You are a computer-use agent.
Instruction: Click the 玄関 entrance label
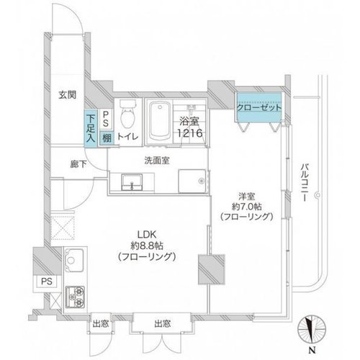[68, 95]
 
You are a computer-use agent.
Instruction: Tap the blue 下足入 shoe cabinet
[91, 128]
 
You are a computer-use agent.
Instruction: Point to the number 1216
[190, 133]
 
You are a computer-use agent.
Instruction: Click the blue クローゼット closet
[259, 107]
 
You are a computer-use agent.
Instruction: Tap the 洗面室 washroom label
[157, 161]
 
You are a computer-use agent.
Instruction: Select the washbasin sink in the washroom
[132, 182]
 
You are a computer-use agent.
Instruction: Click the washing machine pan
[192, 181]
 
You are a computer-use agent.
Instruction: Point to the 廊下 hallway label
[78, 164]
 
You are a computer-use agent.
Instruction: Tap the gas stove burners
[76, 297]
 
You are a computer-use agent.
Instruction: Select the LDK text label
[147, 233]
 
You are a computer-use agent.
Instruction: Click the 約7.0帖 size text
[247, 206]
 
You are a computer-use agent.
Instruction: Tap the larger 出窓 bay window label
[163, 324]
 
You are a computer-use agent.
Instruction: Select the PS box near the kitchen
[47, 281]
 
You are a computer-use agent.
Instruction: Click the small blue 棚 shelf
[107, 138]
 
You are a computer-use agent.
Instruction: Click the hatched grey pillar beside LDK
[212, 269]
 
